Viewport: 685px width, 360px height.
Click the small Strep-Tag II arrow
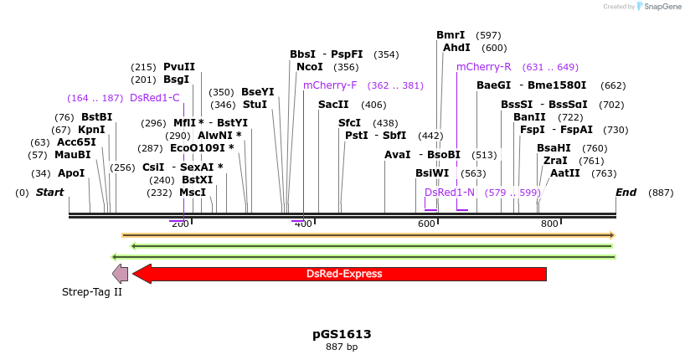121,274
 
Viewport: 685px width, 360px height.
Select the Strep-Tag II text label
92,292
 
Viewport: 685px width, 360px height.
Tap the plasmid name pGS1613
342,334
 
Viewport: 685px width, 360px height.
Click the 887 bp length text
342,347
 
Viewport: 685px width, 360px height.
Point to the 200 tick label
179,224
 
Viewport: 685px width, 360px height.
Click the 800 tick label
549,224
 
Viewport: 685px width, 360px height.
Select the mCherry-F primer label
330,85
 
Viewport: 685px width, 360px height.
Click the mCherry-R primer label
483,67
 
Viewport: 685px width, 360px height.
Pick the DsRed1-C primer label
155,98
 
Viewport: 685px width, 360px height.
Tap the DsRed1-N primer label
450,193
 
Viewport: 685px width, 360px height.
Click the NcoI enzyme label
309,67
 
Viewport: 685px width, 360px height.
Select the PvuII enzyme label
179,67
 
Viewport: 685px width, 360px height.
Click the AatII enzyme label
564,173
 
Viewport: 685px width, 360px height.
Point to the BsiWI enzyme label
432,173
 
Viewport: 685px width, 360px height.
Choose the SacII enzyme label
333,105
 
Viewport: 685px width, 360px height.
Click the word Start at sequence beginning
49,193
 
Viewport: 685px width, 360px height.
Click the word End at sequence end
626,193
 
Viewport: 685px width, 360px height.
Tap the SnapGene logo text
662,7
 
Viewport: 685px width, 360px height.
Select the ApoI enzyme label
71,173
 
